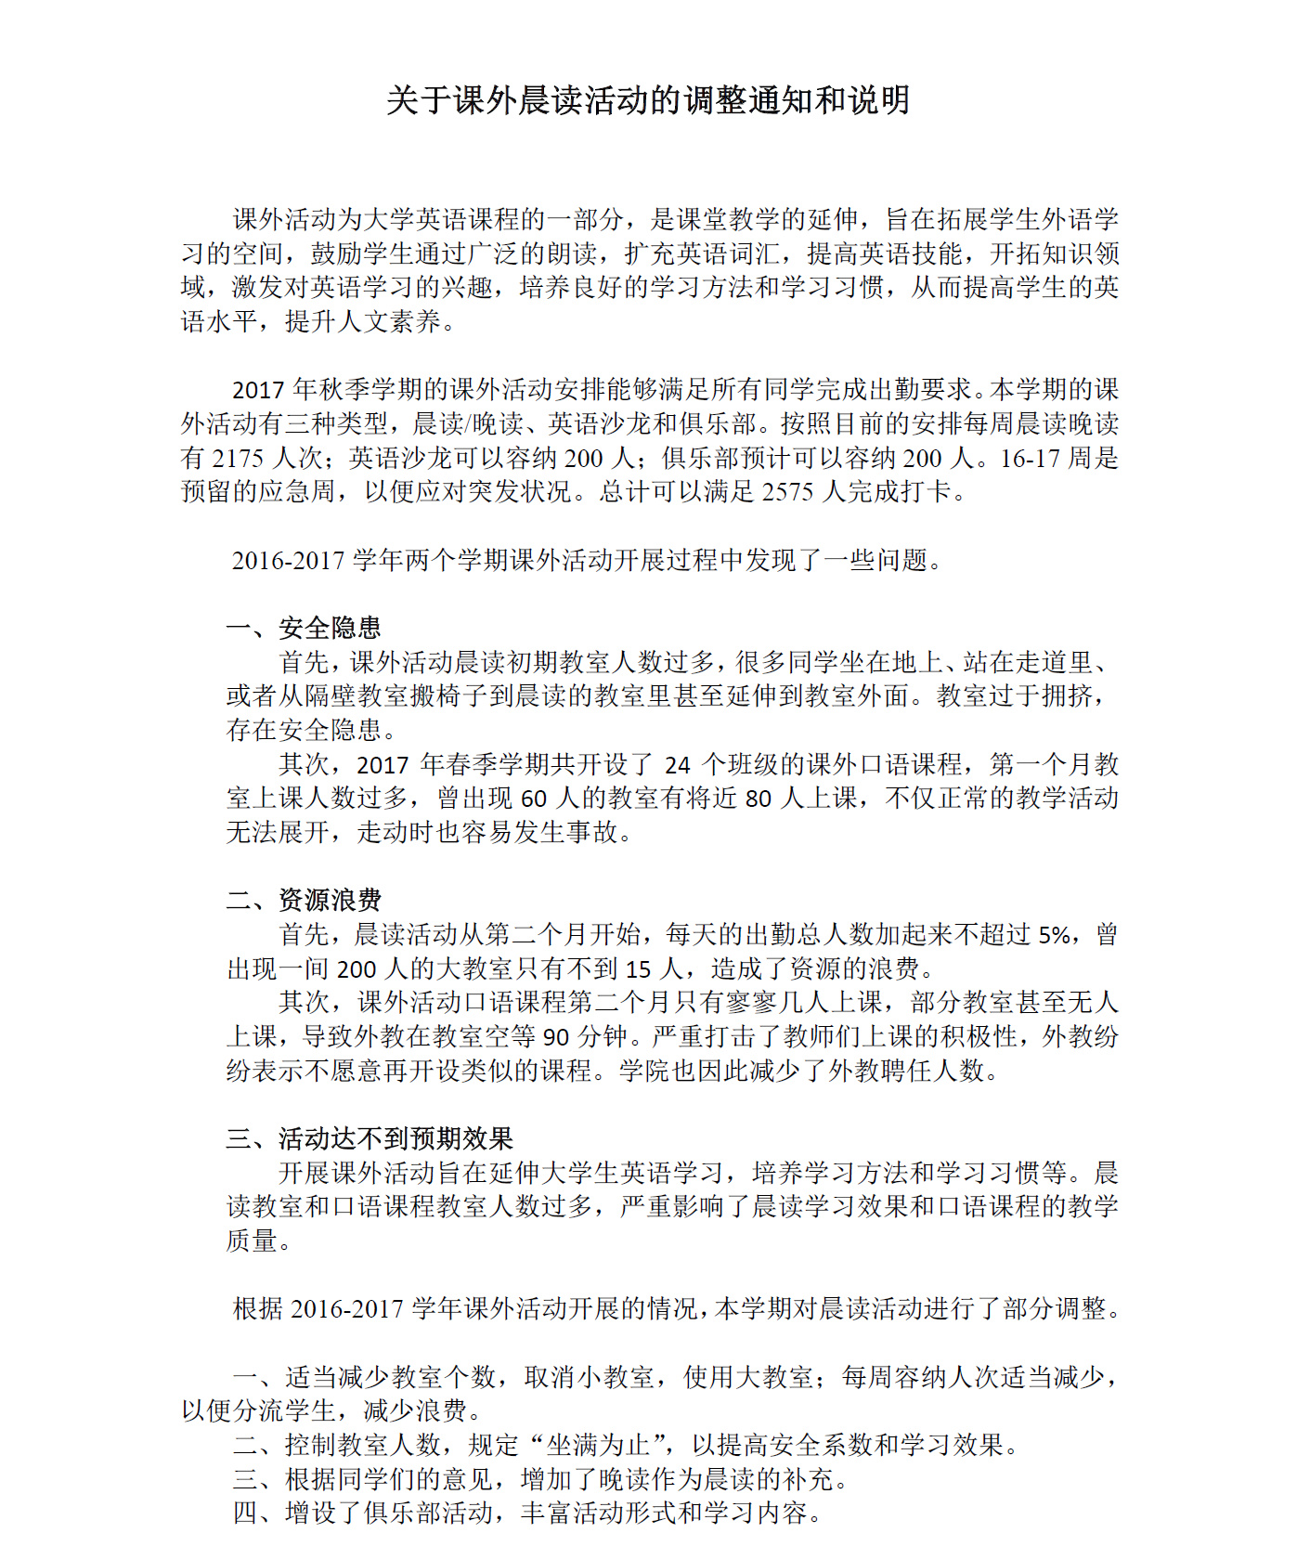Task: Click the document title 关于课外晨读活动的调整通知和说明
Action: pos(647,100)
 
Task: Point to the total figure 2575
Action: pos(787,492)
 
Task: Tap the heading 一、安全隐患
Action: pos(304,628)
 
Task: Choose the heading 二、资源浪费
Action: pos(304,900)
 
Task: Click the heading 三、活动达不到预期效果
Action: pos(370,1138)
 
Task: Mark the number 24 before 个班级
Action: pos(678,764)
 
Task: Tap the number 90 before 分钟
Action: pos(555,1036)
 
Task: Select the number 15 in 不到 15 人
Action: pos(638,968)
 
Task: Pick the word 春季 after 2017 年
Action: pos(473,764)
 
